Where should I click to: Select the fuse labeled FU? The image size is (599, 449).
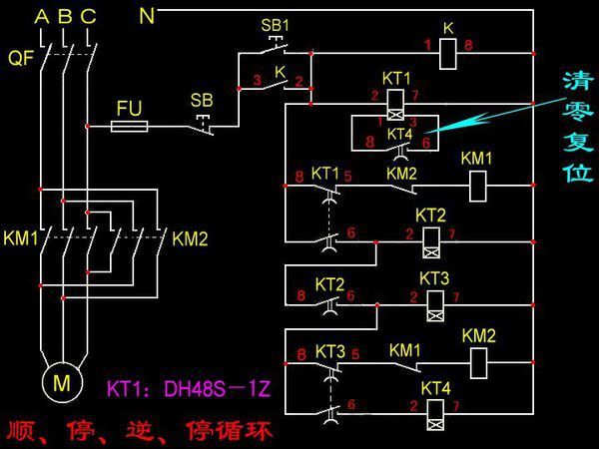pyautogui.click(x=130, y=126)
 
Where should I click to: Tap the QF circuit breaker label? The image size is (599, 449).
pyautogui.click(x=20, y=59)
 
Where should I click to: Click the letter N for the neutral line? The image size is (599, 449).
pyautogui.click(x=147, y=15)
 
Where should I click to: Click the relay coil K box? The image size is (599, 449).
pyautogui.click(x=447, y=46)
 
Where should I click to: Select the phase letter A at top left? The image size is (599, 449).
pyautogui.click(x=40, y=16)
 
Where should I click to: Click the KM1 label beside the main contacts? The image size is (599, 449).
pyautogui.click(x=19, y=238)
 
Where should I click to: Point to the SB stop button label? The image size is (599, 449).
pyautogui.click(x=201, y=100)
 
